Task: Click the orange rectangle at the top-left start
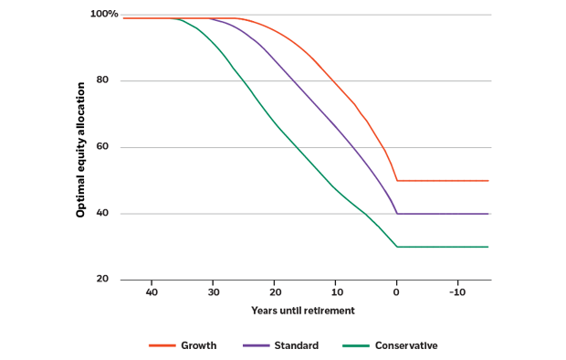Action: (x=144, y=33)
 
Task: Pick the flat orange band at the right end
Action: (x=447, y=180)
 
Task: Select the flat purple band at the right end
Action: (x=447, y=213)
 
